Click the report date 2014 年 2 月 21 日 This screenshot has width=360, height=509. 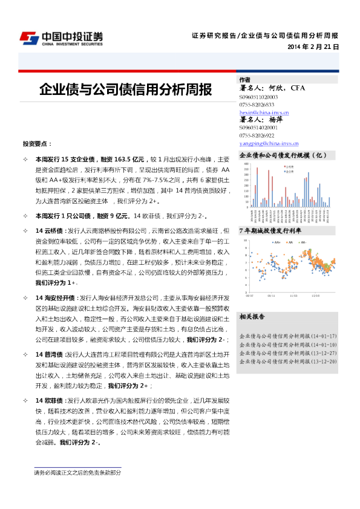(x=313, y=47)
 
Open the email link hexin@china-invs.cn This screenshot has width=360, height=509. (x=264, y=112)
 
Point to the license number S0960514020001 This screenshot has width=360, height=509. (x=258, y=128)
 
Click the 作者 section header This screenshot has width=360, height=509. (x=245, y=80)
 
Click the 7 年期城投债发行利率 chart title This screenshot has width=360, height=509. (x=270, y=231)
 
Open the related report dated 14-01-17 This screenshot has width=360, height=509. (x=288, y=336)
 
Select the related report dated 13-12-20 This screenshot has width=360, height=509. (x=288, y=361)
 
